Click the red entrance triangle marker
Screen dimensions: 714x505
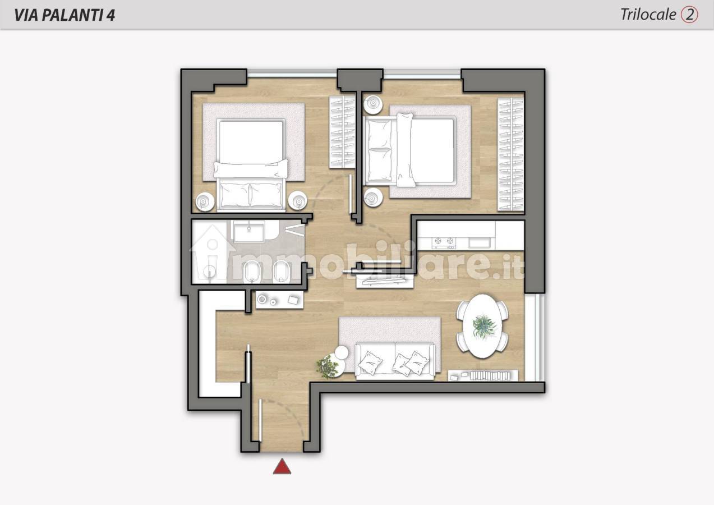tap(282, 467)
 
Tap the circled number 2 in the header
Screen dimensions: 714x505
tap(689, 15)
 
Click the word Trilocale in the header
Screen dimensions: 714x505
tap(648, 15)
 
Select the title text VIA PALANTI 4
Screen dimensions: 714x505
tap(65, 15)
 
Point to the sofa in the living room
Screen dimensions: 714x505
tap(395, 361)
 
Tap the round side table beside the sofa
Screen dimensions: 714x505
tap(342, 352)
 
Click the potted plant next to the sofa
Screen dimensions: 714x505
tap(328, 366)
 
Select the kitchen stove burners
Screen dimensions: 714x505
tap(444, 243)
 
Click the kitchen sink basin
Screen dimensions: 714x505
tap(480, 243)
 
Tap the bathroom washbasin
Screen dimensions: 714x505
tap(249, 232)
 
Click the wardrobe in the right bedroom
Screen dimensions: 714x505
tap(510, 154)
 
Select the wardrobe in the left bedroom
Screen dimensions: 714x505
tap(342, 132)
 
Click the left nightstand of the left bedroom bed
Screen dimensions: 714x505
tap(204, 201)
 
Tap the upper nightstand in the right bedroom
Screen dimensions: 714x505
tap(374, 104)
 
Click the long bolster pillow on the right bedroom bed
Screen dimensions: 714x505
tap(406, 150)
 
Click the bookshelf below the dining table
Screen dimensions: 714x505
tap(483, 375)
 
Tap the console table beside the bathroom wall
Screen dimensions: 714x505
tap(279, 300)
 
